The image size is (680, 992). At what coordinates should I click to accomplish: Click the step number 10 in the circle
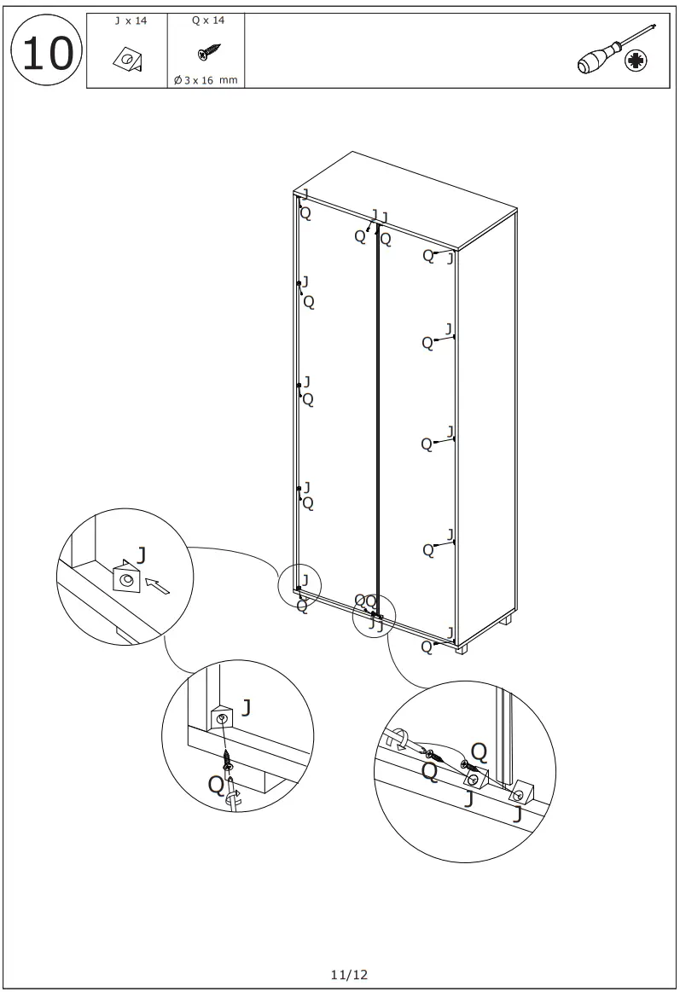coord(46,53)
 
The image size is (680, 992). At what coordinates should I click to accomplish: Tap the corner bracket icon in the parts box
coord(128,59)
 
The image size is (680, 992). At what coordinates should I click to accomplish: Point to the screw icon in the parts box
coord(209,54)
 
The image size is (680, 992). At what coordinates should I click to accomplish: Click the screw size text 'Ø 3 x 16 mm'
coord(206,80)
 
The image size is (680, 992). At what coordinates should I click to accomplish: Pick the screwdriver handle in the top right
coord(594,62)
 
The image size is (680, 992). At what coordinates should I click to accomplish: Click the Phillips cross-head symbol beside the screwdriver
coord(635,61)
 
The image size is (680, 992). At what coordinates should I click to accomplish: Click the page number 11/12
coord(349,973)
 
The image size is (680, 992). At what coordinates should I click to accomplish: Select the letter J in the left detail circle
coord(142,555)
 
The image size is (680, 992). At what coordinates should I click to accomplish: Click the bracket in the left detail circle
coord(126,578)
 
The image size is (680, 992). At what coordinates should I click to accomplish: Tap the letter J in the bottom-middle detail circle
coord(247,707)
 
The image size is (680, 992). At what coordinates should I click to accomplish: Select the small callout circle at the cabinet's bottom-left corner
coord(299,586)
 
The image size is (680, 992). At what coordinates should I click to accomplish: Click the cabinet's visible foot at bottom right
coord(462,648)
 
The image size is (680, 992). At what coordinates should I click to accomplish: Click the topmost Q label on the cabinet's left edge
coord(305,214)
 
